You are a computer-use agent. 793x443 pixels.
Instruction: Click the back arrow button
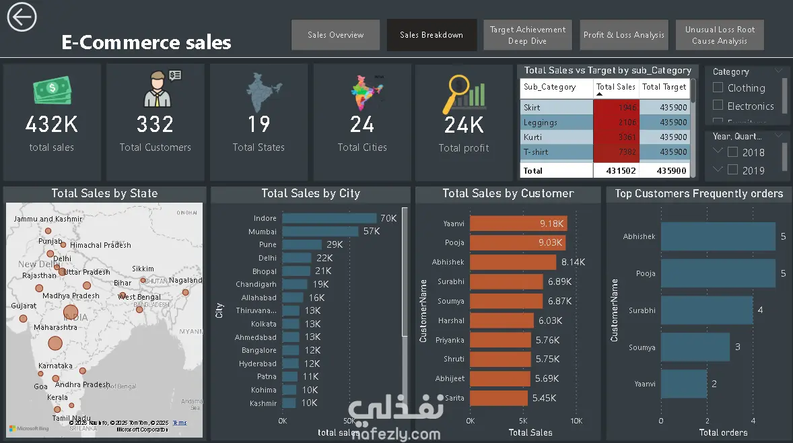pos(22,17)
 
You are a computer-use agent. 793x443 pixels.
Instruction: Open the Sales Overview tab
pos(335,35)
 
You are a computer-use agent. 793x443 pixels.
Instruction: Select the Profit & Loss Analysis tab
pos(623,35)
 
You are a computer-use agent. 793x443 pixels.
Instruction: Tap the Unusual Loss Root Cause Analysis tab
pos(720,35)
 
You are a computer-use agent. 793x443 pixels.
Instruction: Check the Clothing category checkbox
pos(718,88)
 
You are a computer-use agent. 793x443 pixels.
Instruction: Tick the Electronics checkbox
pos(718,106)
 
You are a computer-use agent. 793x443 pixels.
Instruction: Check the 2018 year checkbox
pos(733,152)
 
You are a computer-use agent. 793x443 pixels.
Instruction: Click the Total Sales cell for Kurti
pos(617,137)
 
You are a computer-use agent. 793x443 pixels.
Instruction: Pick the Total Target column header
pos(664,87)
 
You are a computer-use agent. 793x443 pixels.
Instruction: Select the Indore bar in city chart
pos(329,218)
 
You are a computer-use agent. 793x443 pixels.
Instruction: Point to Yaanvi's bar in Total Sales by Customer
pos(518,224)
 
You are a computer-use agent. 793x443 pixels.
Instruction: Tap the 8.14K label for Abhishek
pos(573,262)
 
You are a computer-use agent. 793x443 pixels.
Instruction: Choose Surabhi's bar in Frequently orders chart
pos(707,310)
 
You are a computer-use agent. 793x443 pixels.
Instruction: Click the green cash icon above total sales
pos(52,91)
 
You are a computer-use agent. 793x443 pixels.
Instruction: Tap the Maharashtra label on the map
pos(55,327)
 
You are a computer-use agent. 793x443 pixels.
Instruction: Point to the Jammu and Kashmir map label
pos(47,219)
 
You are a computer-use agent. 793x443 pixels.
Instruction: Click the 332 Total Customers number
pos(155,125)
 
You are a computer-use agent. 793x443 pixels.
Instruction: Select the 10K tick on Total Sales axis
pos(576,421)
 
